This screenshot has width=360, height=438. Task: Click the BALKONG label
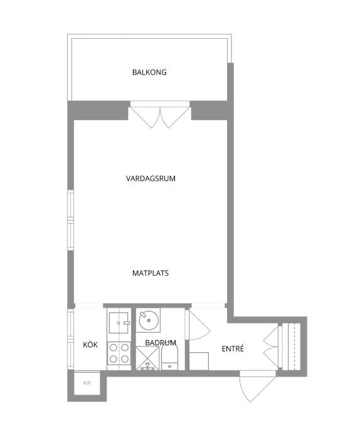pyautogui.click(x=149, y=72)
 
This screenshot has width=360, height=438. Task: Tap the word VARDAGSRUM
pyautogui.click(x=151, y=179)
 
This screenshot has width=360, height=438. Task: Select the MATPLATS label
pyautogui.click(x=151, y=273)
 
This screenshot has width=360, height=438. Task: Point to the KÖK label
pyautogui.click(x=90, y=345)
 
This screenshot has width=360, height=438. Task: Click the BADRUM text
pyautogui.click(x=161, y=343)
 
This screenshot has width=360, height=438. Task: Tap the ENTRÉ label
pyautogui.click(x=233, y=348)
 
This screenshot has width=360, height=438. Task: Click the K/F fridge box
pyautogui.click(x=87, y=383)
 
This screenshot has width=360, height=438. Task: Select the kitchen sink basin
pyautogui.click(x=119, y=323)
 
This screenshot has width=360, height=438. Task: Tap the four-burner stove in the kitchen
pyautogui.click(x=119, y=353)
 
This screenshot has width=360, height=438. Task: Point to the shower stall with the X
pyautogui.click(x=147, y=358)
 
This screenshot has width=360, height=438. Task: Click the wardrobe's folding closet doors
pyautogui.click(x=271, y=347)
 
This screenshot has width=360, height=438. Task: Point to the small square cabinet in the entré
pyautogui.click(x=199, y=361)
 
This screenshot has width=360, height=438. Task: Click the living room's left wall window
pyautogui.click(x=71, y=221)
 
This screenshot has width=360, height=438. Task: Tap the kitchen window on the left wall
pyautogui.click(x=71, y=339)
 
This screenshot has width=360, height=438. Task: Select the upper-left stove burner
pyautogui.click(x=113, y=348)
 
